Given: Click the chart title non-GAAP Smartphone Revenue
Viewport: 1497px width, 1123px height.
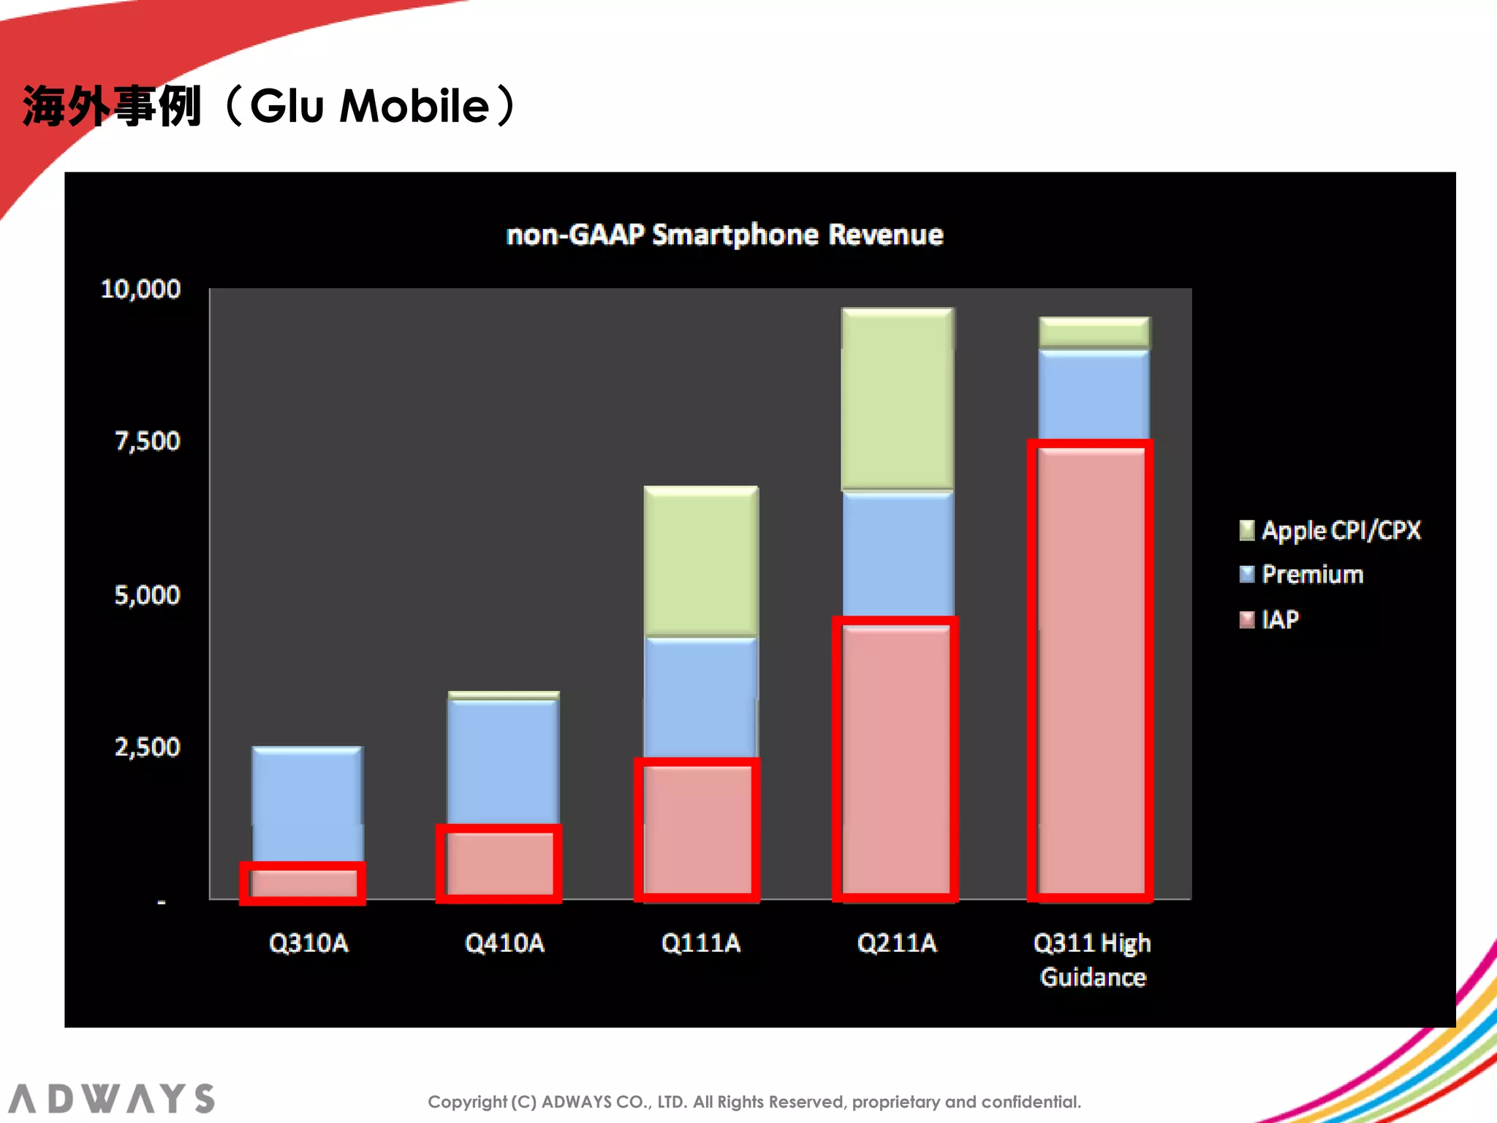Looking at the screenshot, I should tap(724, 235).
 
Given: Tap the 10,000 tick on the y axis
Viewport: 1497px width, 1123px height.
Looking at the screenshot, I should tap(140, 290).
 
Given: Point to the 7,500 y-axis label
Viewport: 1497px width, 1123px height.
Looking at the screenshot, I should tap(147, 442).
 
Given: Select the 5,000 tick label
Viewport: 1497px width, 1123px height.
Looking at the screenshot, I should tap(147, 595).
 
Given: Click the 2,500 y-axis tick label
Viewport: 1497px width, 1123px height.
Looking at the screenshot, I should tap(147, 747).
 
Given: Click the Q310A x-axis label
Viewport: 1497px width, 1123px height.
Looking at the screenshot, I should tap(308, 943).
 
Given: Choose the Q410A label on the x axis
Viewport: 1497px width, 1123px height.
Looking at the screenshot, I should tap(504, 943).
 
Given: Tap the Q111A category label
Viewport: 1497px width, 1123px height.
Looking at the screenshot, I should tap(700, 943).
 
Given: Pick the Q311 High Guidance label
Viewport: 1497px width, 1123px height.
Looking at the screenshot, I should tap(1092, 960).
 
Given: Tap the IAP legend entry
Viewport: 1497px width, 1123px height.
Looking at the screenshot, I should tap(1280, 620).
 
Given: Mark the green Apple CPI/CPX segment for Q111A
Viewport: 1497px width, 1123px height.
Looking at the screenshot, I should tap(700, 561).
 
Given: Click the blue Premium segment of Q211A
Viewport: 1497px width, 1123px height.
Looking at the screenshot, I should tap(898, 554).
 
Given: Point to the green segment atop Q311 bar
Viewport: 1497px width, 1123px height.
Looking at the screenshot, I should tap(1094, 332).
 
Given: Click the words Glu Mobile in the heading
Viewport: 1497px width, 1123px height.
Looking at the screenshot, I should tap(370, 107).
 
